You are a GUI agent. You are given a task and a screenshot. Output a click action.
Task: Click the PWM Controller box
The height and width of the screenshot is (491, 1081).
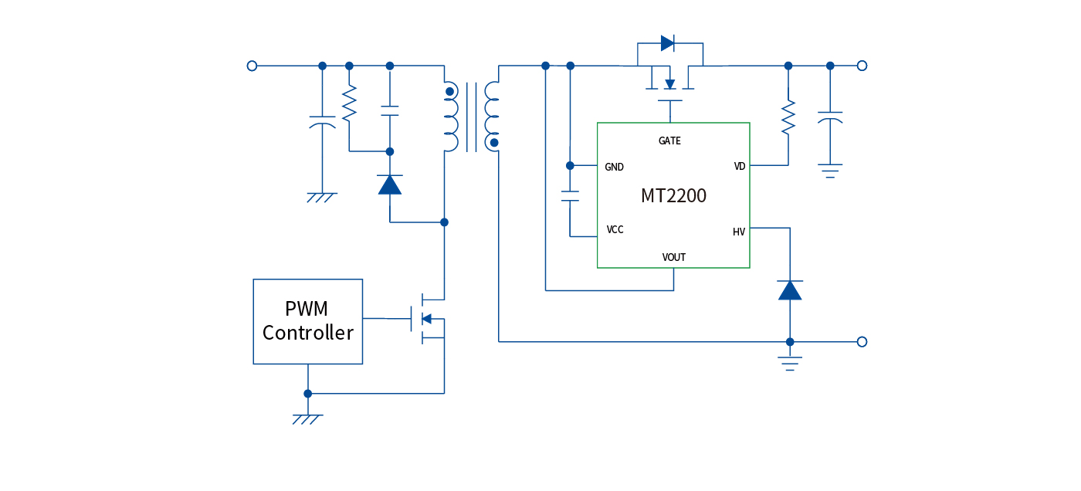pyautogui.click(x=307, y=321)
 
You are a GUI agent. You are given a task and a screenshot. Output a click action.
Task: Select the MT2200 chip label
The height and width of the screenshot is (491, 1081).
pyautogui.click(x=673, y=196)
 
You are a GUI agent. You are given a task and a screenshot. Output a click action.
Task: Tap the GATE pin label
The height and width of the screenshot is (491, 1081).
pyautogui.click(x=669, y=141)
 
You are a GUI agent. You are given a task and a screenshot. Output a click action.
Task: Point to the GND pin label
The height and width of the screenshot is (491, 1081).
pyautogui.click(x=615, y=167)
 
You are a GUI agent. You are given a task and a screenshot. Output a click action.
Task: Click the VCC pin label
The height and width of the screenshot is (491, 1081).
pyautogui.click(x=615, y=230)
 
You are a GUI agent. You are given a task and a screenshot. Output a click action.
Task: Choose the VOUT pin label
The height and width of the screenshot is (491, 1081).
pyautogui.click(x=673, y=257)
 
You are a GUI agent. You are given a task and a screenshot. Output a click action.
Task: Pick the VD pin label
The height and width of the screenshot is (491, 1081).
pyautogui.click(x=740, y=167)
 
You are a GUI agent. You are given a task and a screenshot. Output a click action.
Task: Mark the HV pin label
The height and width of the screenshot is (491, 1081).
pyautogui.click(x=739, y=232)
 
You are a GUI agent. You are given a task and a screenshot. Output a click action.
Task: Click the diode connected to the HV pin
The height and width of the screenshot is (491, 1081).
pyautogui.click(x=790, y=290)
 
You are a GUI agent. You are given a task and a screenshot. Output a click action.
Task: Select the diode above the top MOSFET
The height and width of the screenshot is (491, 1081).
pyautogui.click(x=668, y=43)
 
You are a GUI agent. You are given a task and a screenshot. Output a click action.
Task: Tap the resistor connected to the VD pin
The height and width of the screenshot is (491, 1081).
pyautogui.click(x=788, y=117)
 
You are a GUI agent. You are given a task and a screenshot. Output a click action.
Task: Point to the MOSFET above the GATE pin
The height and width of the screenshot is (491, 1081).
pyautogui.click(x=669, y=83)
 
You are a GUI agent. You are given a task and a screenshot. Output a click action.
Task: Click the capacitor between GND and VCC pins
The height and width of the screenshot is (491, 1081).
pyautogui.click(x=570, y=195)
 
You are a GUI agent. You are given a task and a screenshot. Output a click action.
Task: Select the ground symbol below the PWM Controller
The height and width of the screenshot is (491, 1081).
pyautogui.click(x=307, y=418)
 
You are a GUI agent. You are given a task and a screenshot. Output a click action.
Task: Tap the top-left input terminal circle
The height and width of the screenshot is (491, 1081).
pyautogui.click(x=252, y=66)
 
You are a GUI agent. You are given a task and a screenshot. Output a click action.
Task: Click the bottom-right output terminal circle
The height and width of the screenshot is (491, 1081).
pyautogui.click(x=862, y=341)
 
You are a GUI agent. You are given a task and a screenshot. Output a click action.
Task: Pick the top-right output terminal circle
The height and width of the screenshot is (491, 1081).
pyautogui.click(x=862, y=66)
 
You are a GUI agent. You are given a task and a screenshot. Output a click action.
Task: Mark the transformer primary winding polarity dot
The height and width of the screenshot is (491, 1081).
pyautogui.click(x=449, y=92)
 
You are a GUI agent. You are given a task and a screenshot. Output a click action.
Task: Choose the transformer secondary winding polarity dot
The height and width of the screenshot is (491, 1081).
pyautogui.click(x=494, y=143)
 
